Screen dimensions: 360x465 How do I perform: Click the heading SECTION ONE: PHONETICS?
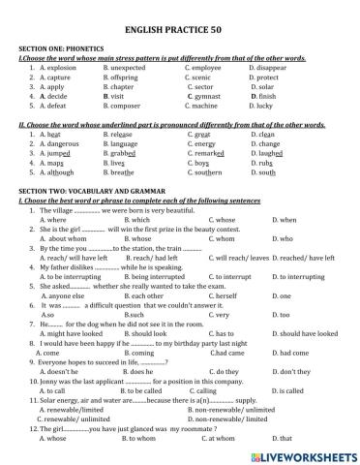pos(60,48)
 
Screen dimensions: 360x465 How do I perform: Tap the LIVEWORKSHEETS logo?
pos(297,452)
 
